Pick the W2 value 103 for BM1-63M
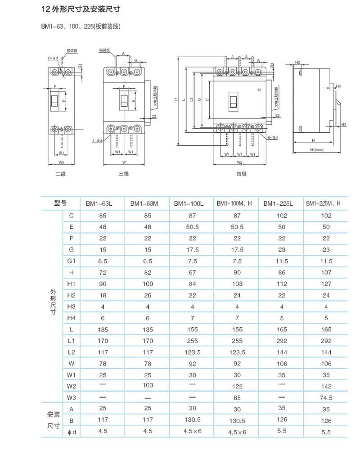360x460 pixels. click(147, 385)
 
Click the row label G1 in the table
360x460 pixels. click(71, 261)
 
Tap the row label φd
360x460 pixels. click(71, 432)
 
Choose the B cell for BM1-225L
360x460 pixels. click(282, 421)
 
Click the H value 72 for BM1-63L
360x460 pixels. click(103, 272)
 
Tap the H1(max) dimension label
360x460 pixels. click(319, 149)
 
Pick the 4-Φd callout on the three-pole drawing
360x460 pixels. click(97, 141)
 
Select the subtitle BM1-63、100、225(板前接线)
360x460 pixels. click(81, 27)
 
